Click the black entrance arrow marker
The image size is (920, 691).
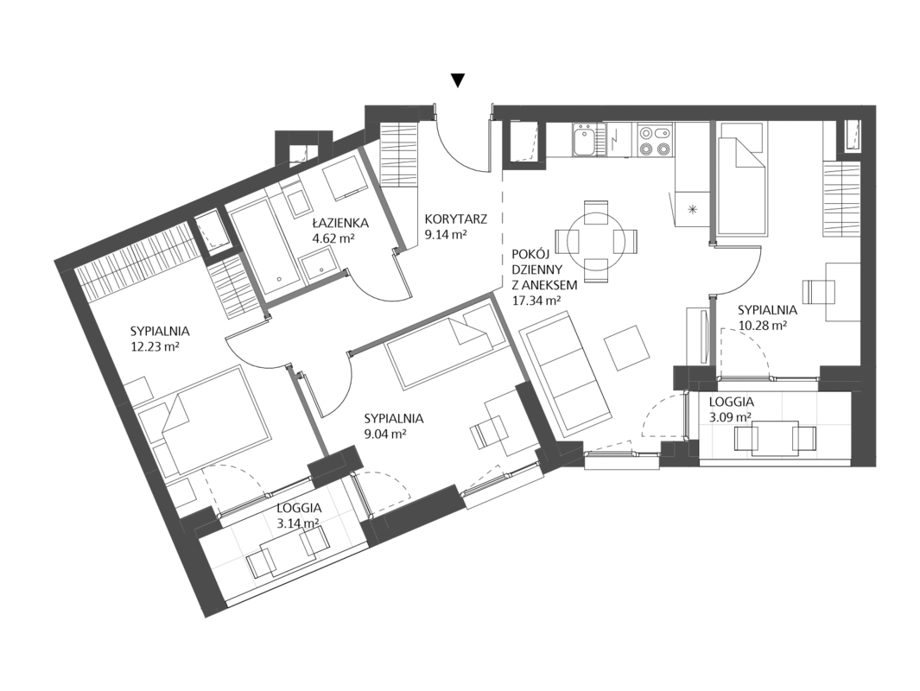[x=458, y=80]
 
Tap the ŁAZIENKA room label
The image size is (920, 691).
[x=340, y=223]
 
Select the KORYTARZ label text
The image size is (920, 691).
[x=456, y=219]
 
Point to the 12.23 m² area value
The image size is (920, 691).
[x=155, y=346]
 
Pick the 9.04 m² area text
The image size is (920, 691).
[x=385, y=434]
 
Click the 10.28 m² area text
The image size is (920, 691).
[x=762, y=325]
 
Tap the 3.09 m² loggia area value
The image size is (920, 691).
[x=731, y=418]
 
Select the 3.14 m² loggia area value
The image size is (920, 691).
[x=298, y=523]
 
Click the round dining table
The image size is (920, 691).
[x=596, y=241]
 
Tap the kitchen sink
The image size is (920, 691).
[x=584, y=140]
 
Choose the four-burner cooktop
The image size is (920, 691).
[x=654, y=140]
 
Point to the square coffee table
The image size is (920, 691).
[x=628, y=348]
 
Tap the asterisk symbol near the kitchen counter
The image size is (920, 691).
[x=692, y=209]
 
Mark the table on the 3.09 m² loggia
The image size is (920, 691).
[x=775, y=438]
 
